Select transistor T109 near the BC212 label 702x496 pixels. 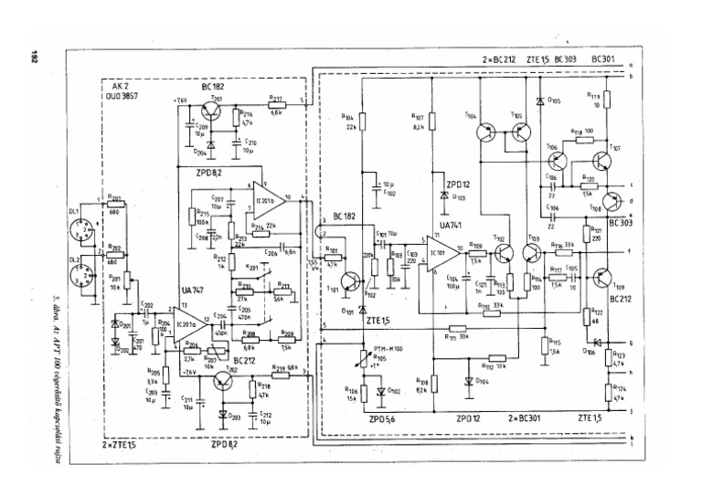601,277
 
